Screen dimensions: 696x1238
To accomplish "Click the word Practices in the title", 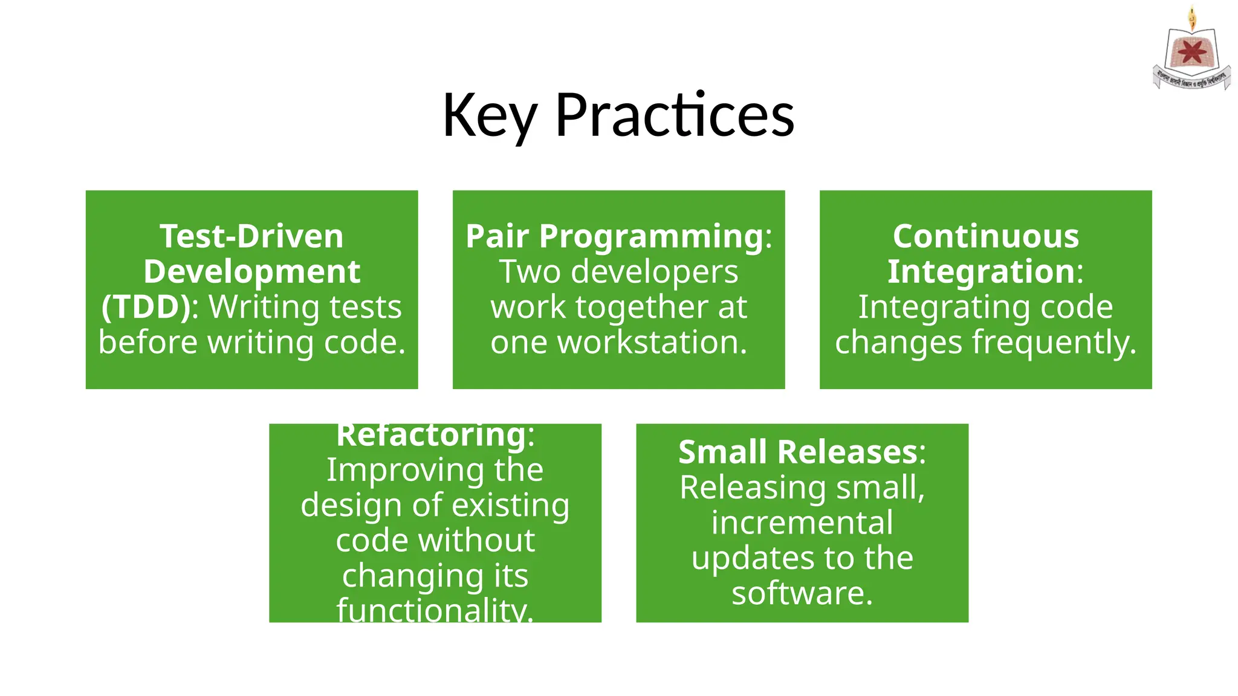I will pos(674,115).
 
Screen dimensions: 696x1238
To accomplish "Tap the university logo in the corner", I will pos(1191,51).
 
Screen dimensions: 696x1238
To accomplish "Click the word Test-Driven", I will pos(251,236).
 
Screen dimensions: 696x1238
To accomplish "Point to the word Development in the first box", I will pos(251,271).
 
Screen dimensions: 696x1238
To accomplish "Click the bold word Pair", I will pos(497,236).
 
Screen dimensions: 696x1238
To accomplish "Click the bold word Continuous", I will pos(985,236).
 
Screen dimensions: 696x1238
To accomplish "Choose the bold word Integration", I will pos(980,272).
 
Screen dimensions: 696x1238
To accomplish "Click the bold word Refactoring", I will pos(431,435).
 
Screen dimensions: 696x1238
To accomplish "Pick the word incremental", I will pos(802,523).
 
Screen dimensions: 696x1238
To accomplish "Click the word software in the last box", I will pos(802,593).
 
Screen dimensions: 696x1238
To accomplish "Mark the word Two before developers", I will pos(530,272).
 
